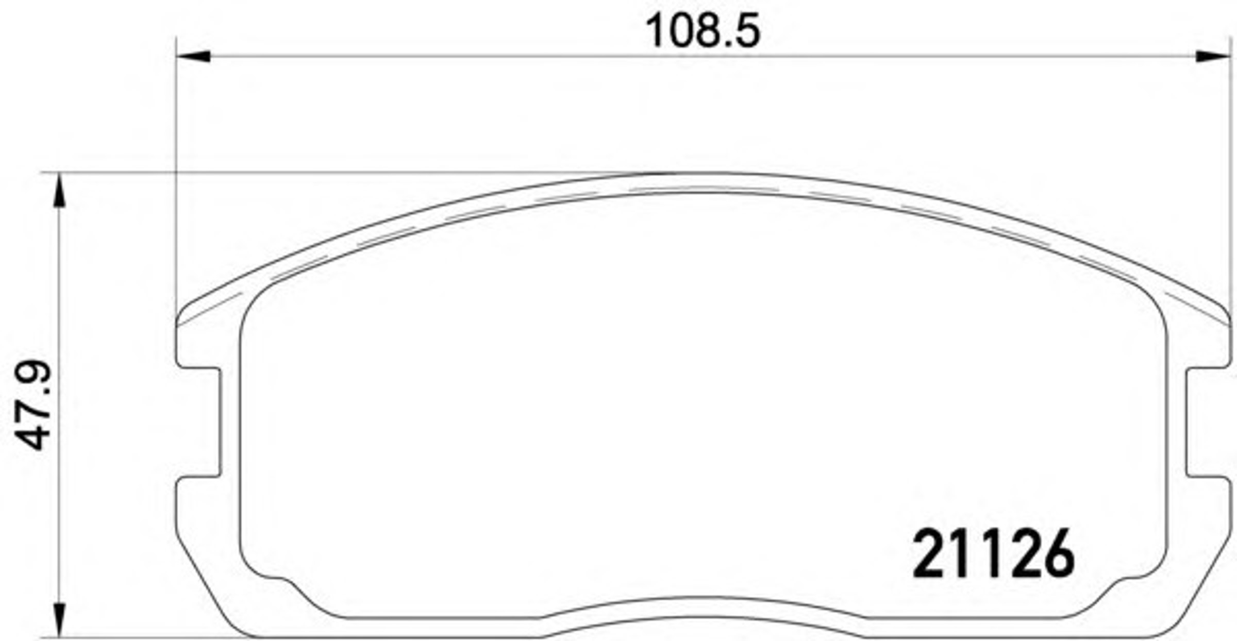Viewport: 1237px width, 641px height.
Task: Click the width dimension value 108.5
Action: (x=703, y=31)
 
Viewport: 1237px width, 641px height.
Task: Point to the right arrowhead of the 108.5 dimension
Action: (x=1213, y=56)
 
